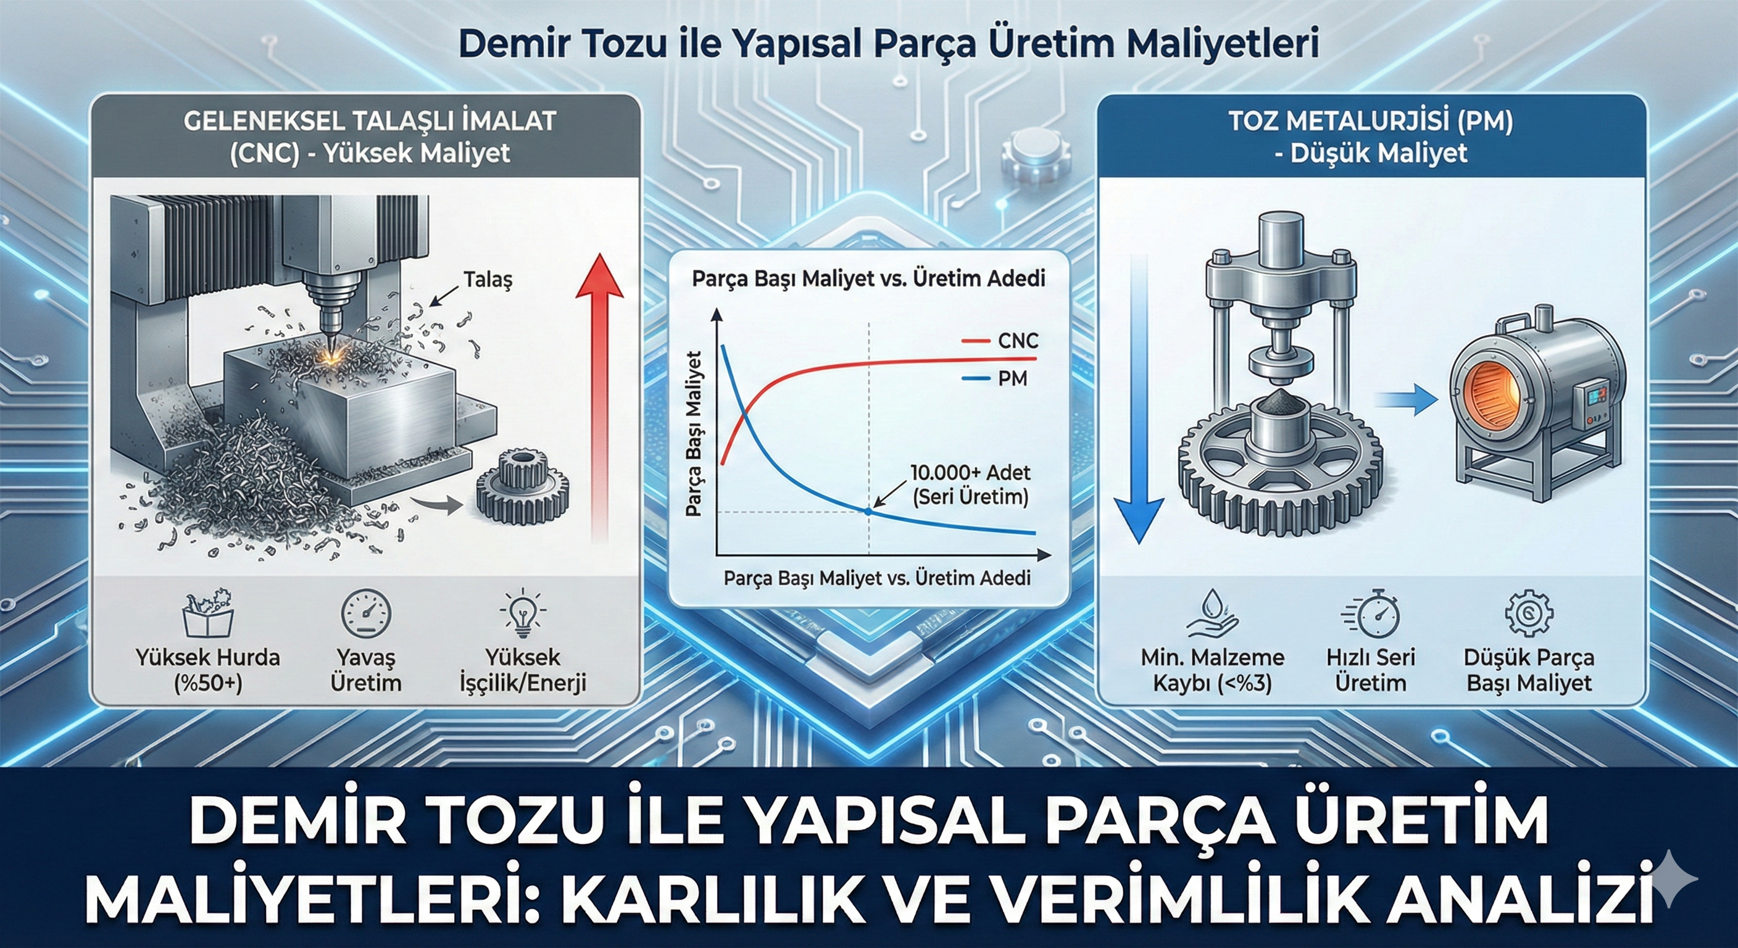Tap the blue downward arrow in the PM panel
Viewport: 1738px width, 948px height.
[x=1138, y=398]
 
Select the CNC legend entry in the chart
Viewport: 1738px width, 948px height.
[x=999, y=341]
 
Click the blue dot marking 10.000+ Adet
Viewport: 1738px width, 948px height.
[x=868, y=512]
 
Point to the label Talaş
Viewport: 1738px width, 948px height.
[x=488, y=280]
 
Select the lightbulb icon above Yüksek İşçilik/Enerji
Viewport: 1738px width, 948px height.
[x=522, y=613]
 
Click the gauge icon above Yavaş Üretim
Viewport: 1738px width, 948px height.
[x=365, y=613]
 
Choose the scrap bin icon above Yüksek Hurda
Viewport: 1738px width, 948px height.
[x=209, y=613]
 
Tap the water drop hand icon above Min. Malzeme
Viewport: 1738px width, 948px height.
[x=1212, y=613]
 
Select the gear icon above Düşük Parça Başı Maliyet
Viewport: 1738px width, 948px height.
[x=1529, y=613]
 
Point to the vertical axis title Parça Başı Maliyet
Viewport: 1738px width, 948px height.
[x=694, y=434]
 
